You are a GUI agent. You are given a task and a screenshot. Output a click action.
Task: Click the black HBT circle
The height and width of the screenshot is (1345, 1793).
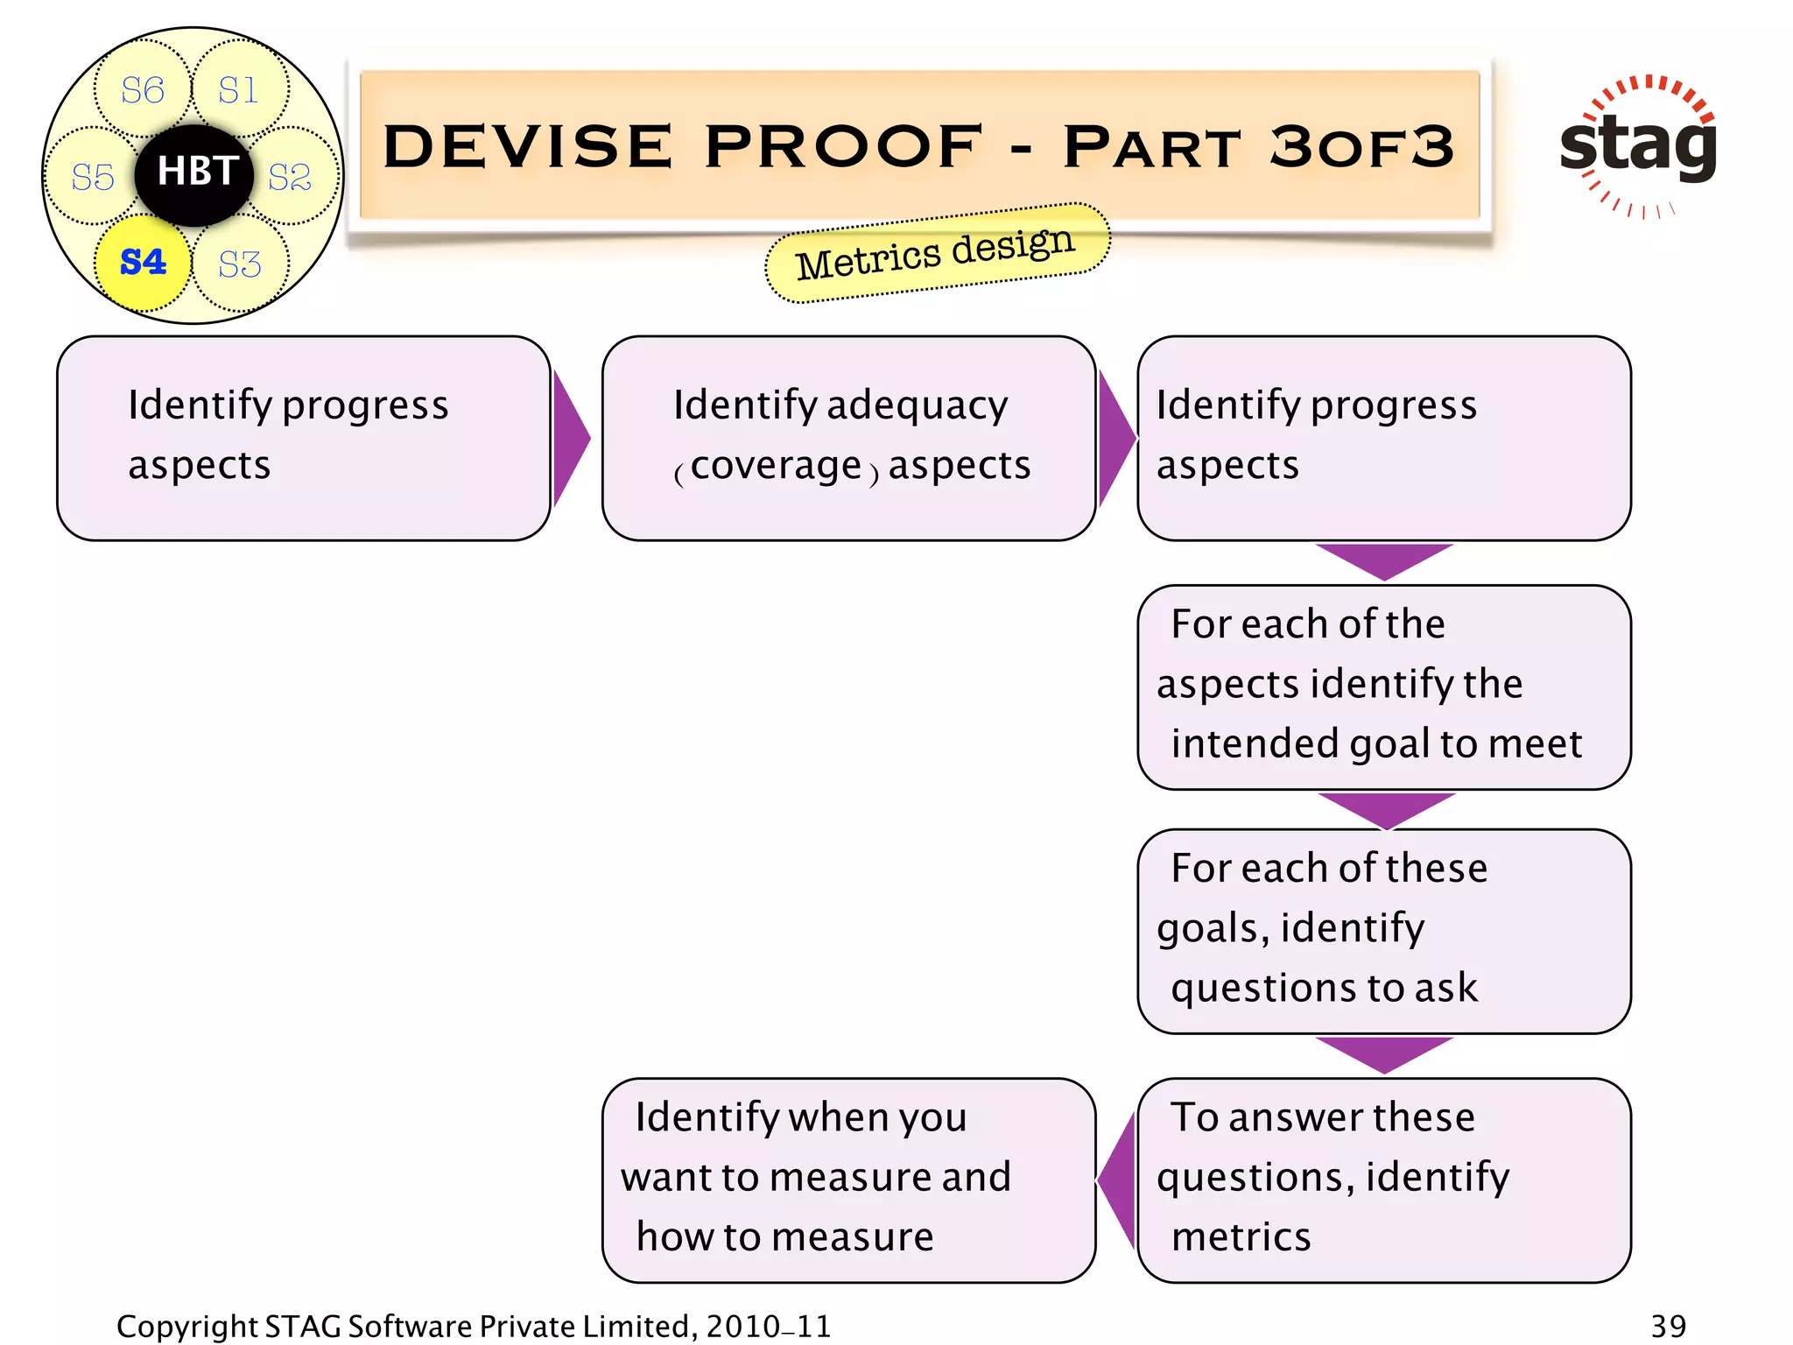point(194,173)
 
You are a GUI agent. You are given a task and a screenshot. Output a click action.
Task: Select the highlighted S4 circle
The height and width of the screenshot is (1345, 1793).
point(143,262)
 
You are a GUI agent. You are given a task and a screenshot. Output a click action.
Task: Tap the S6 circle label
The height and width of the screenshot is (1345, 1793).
point(143,90)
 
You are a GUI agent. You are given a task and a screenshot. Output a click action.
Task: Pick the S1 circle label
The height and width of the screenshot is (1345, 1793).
point(238,90)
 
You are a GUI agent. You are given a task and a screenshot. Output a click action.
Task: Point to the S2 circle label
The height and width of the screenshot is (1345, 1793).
point(290,177)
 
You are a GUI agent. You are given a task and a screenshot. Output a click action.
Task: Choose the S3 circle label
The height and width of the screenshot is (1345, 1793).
point(240,264)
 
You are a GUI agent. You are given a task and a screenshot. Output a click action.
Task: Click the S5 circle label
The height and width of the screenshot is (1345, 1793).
point(93,177)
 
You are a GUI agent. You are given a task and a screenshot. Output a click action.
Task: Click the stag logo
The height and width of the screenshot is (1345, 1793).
point(1638,145)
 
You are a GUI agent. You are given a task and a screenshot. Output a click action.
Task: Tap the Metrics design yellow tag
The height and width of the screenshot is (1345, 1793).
point(936,253)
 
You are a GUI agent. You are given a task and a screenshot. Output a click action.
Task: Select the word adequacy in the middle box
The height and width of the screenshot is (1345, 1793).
point(917,405)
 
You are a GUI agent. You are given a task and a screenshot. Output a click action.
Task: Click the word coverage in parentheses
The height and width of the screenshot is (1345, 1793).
point(776,465)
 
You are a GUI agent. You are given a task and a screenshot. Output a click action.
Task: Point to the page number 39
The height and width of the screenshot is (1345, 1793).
point(1668,1326)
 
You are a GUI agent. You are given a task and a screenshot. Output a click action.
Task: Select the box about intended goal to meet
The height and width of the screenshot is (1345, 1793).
point(1383,687)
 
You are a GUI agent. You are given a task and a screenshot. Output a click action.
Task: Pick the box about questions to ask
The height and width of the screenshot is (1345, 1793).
point(1383,930)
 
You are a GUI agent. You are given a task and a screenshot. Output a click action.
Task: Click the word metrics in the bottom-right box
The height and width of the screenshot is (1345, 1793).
point(1241,1236)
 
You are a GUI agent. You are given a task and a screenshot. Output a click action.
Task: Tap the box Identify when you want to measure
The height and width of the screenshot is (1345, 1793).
point(847,1179)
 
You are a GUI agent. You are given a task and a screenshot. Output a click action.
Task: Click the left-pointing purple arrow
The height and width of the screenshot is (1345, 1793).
point(1117,1179)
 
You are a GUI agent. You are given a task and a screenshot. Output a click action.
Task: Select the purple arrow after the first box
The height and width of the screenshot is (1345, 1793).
point(570,438)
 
